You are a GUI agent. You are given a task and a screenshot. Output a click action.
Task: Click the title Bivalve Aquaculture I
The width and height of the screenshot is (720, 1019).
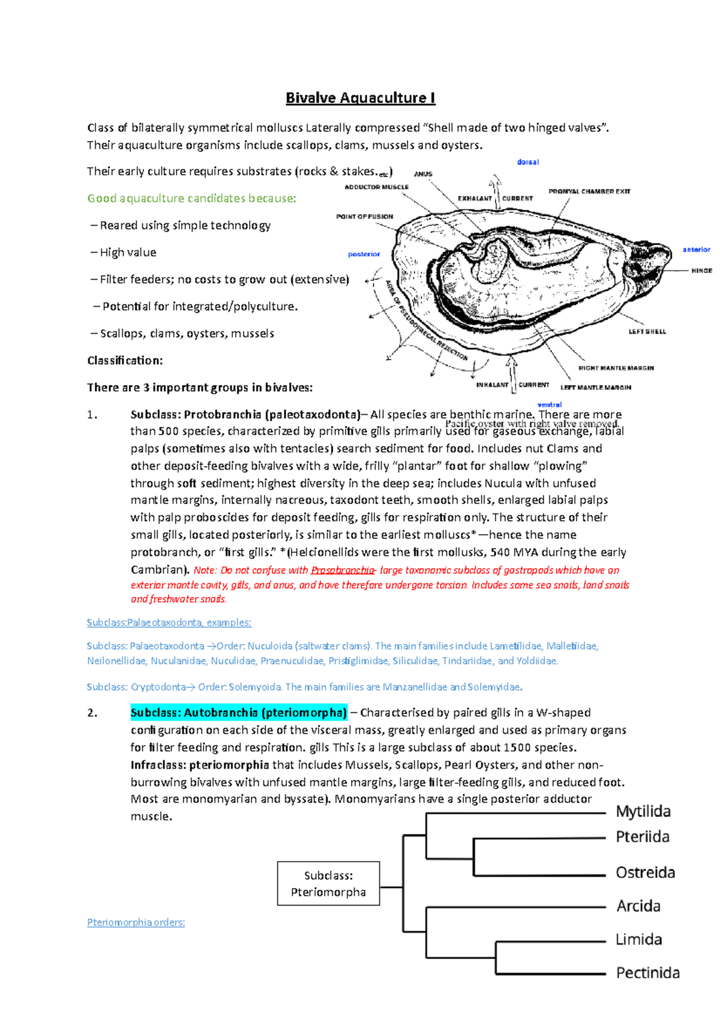pyautogui.click(x=360, y=98)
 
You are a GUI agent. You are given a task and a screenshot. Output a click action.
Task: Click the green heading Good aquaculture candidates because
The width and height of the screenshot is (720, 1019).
pyautogui.click(x=191, y=198)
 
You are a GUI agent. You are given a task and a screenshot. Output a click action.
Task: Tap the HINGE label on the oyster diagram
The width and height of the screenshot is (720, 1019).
pyautogui.click(x=701, y=271)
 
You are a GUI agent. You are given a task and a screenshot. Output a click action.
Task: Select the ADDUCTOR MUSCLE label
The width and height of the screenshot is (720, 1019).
pyautogui.click(x=376, y=187)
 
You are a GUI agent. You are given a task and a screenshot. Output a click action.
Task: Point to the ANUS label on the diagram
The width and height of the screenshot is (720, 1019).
pyautogui.click(x=423, y=174)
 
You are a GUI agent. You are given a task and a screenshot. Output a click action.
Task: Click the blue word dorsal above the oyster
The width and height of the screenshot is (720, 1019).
pyautogui.click(x=528, y=162)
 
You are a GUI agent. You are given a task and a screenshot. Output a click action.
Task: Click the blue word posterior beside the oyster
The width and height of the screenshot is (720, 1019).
pyautogui.click(x=364, y=254)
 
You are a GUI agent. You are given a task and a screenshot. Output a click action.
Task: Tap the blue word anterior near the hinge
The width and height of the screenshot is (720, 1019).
pyautogui.click(x=696, y=249)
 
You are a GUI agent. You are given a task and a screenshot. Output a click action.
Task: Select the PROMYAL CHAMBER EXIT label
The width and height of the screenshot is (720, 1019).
pyautogui.click(x=589, y=191)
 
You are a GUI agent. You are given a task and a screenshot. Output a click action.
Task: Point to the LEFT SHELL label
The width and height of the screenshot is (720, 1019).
pyautogui.click(x=647, y=331)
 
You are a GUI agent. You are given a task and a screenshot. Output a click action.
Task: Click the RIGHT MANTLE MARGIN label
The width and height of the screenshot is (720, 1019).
pyautogui.click(x=616, y=368)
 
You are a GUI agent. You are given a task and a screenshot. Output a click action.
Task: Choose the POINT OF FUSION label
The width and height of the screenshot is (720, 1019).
pyautogui.click(x=364, y=217)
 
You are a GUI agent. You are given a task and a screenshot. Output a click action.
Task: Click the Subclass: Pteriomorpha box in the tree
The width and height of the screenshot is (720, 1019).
pyautogui.click(x=328, y=883)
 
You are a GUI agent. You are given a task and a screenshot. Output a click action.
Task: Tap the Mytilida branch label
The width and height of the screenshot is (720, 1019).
pyautogui.click(x=643, y=811)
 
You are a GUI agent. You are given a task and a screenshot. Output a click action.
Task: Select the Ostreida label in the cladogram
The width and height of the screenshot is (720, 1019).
pyautogui.click(x=645, y=873)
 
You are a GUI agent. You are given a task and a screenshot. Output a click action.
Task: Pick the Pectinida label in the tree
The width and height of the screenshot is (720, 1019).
pyautogui.click(x=647, y=973)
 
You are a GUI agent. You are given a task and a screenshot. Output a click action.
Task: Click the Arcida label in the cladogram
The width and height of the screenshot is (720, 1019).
pyautogui.click(x=638, y=906)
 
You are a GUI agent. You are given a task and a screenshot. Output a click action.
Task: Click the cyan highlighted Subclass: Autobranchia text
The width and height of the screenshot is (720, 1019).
pyautogui.click(x=239, y=712)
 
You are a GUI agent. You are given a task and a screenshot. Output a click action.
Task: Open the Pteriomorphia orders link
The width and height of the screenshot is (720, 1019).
pyautogui.click(x=136, y=922)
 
